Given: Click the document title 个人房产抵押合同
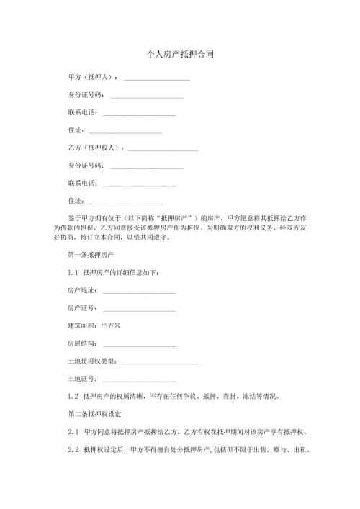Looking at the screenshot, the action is click(x=179, y=54).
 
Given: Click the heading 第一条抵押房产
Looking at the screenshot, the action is click(x=91, y=255).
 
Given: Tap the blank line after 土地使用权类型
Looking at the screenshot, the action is click(x=159, y=361).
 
